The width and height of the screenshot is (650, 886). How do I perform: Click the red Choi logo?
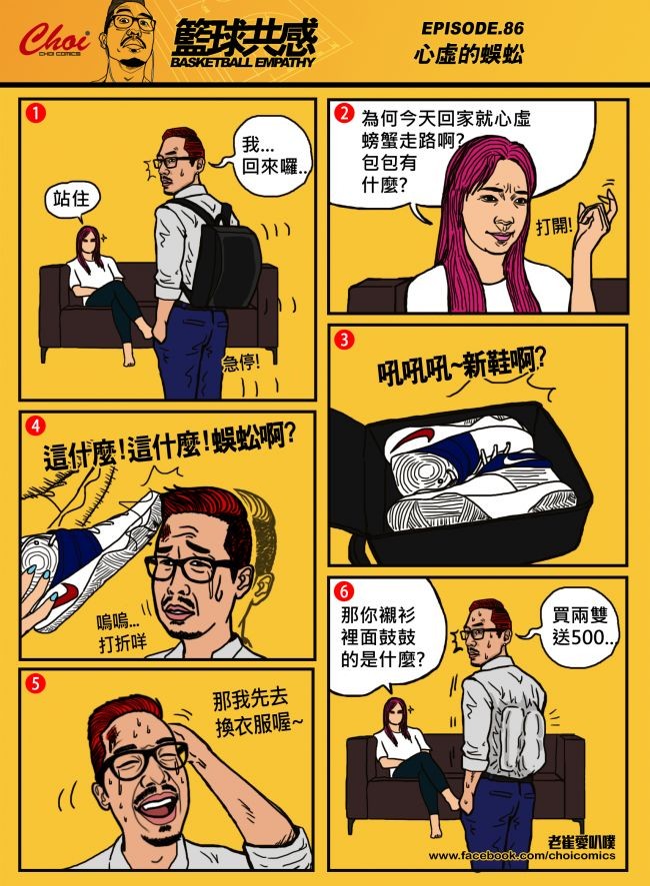[x=54, y=40]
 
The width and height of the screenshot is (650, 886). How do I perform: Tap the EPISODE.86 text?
[x=472, y=28]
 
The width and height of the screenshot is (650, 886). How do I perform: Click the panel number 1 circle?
[x=35, y=114]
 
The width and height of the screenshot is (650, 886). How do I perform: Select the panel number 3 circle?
[x=344, y=340]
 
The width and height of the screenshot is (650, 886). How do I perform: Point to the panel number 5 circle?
[x=35, y=683]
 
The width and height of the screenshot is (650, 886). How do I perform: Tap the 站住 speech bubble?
[x=72, y=201]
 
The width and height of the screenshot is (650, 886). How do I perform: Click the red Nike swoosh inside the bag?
[x=417, y=438]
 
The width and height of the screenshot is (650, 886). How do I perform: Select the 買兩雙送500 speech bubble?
[x=578, y=626]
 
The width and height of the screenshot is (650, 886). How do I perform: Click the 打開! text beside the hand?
[x=554, y=228]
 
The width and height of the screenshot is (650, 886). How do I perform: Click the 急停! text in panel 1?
[x=241, y=363]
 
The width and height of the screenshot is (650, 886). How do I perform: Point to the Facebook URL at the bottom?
[x=522, y=855]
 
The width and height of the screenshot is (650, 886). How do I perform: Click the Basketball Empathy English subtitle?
[x=242, y=62]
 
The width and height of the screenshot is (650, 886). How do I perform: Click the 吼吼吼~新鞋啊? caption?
[x=461, y=371]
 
